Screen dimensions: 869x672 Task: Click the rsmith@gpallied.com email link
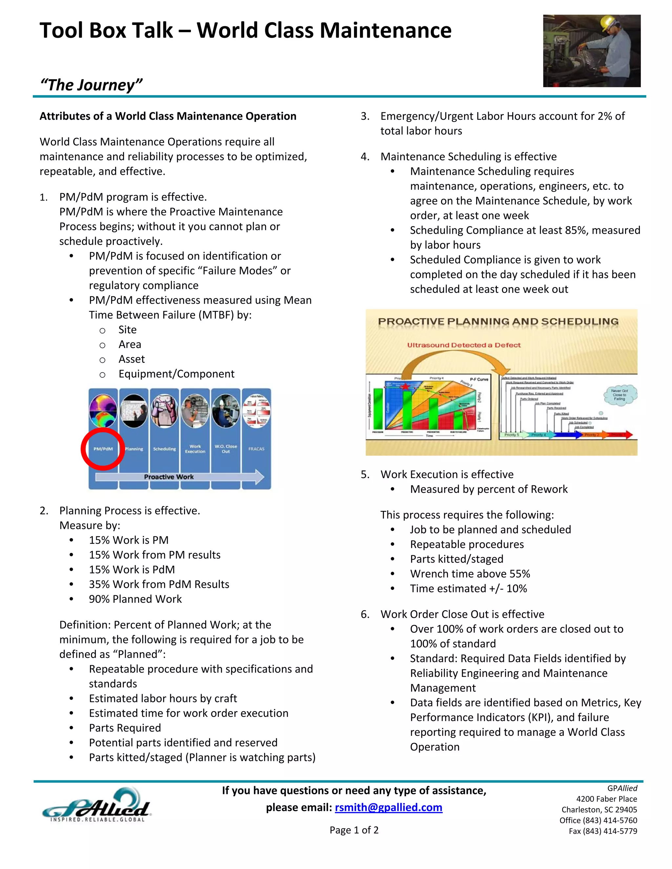point(388,807)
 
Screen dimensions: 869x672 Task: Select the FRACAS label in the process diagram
point(256,449)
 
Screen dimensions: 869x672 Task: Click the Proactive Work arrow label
point(169,477)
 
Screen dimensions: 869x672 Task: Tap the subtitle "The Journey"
point(91,85)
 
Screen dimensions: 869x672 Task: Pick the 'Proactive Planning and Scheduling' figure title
point(498,321)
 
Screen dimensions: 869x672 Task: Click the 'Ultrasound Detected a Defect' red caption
point(464,345)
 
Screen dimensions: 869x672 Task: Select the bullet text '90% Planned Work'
point(136,599)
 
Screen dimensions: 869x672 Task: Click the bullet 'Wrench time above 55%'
point(470,574)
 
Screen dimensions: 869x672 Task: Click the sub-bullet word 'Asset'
point(131,359)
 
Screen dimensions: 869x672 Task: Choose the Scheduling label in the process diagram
point(164,449)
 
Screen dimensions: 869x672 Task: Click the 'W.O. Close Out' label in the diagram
point(226,449)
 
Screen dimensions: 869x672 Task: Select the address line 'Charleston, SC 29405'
point(599,810)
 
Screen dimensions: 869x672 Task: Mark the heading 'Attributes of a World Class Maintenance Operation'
point(168,116)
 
